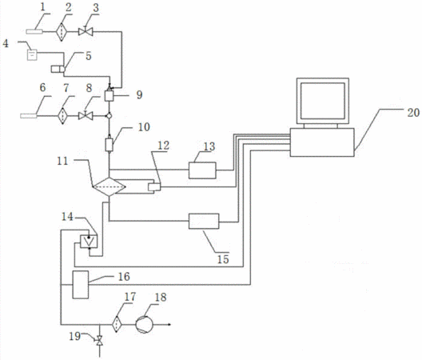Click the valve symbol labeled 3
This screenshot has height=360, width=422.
pyautogui.click(x=86, y=32)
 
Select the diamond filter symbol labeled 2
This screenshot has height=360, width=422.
pyautogui.click(x=62, y=32)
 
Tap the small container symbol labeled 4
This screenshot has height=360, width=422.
pyautogui.click(x=32, y=55)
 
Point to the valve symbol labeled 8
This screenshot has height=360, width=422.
pyautogui.click(x=86, y=116)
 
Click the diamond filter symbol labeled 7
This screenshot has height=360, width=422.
pyautogui.click(x=62, y=116)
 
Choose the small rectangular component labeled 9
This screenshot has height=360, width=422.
pyautogui.click(x=109, y=96)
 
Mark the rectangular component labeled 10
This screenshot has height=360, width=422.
pyautogui.click(x=109, y=145)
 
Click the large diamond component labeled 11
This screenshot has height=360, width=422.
pyautogui.click(x=109, y=186)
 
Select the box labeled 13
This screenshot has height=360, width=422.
pyautogui.click(x=202, y=170)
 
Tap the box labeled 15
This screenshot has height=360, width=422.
pyautogui.click(x=204, y=222)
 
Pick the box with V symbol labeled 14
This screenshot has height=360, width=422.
pyautogui.click(x=89, y=241)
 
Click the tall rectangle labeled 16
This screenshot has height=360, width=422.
pyautogui.click(x=81, y=285)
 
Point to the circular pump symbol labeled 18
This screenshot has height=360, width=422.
pyautogui.click(x=144, y=324)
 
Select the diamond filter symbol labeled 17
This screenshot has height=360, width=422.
pyautogui.click(x=117, y=324)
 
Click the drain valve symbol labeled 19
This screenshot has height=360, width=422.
pyautogui.click(x=100, y=341)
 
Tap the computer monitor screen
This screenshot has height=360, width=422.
pyautogui.click(x=323, y=101)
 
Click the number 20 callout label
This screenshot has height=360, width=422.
pyautogui.click(x=413, y=112)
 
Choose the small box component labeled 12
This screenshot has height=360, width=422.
pyautogui.click(x=154, y=186)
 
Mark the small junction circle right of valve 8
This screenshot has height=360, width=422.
pyautogui.click(x=109, y=116)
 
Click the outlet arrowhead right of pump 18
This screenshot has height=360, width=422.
pyautogui.click(x=169, y=324)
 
